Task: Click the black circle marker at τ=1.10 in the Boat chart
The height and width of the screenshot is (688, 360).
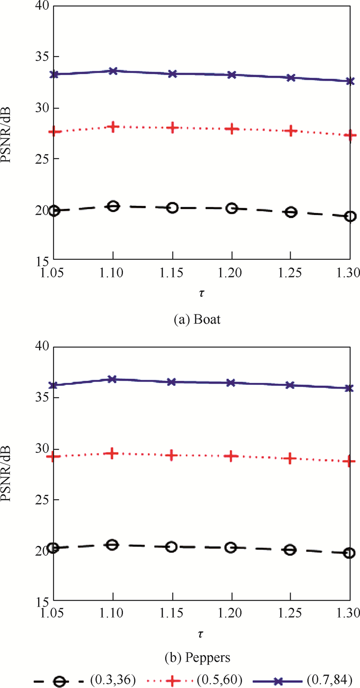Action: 113,206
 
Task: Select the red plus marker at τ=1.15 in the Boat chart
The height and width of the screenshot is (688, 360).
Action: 173,128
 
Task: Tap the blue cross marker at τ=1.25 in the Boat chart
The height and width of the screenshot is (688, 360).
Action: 291,78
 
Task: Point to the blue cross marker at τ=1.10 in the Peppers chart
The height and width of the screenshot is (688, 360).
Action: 113,379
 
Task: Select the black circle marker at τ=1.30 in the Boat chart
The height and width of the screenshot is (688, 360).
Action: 350,217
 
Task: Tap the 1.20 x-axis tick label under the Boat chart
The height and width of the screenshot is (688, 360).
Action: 232,272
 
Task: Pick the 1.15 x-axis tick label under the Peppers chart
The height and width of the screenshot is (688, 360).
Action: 173,613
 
